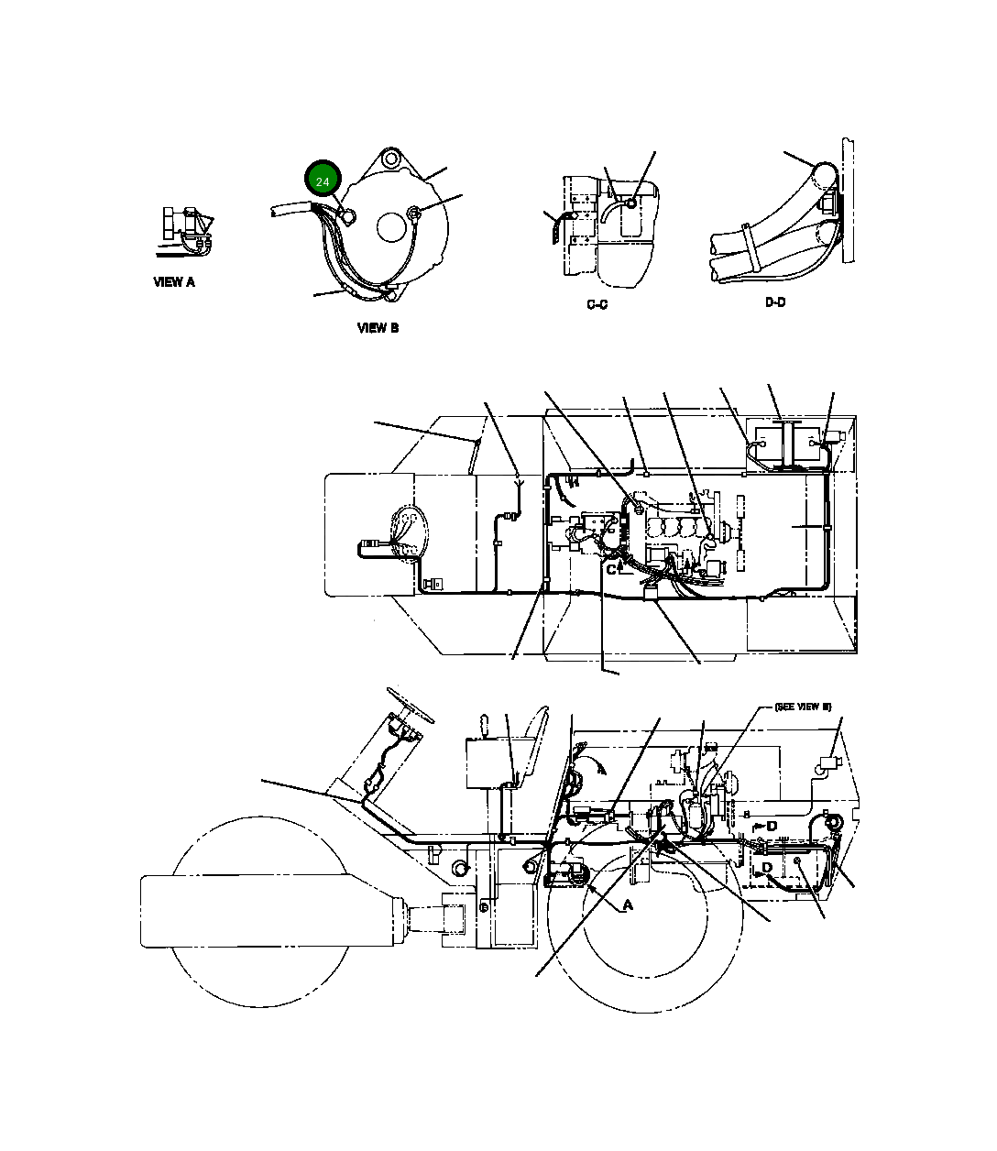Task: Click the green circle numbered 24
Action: coord(323,181)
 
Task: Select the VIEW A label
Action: coord(174,282)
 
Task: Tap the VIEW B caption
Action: coord(378,328)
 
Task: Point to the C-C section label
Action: coord(597,304)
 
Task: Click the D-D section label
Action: coord(775,302)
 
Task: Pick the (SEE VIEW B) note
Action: coord(803,707)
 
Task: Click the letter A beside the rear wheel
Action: coord(628,905)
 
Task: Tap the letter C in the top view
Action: coord(611,569)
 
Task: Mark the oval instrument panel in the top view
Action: coord(403,532)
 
